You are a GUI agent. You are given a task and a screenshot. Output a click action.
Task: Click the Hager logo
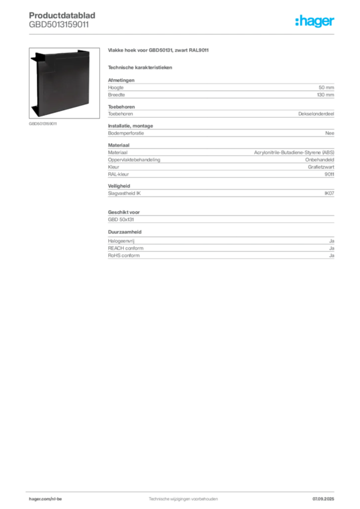tap(314, 21)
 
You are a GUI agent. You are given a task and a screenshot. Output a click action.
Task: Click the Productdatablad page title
tap(62, 15)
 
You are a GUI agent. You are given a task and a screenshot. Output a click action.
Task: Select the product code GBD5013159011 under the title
tap(59, 25)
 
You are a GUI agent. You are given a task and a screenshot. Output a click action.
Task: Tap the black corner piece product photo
tap(64, 83)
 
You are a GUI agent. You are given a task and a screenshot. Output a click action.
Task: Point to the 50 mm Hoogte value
tap(326, 87)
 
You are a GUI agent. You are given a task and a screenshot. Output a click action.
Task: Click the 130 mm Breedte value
tap(325, 95)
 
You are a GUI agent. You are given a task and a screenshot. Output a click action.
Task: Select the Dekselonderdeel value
tap(316, 114)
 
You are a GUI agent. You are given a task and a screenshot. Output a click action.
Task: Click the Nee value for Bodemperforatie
tap(330, 133)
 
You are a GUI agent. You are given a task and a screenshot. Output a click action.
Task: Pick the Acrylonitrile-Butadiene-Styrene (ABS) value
tap(294, 153)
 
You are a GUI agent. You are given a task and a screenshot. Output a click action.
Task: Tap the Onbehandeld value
tap(319, 160)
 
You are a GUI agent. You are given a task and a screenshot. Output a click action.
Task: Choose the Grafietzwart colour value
tap(321, 167)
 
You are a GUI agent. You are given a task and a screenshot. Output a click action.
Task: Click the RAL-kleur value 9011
tap(329, 174)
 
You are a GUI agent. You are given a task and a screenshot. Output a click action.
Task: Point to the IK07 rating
tap(329, 193)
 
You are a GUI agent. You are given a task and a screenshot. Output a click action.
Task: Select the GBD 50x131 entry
tap(121, 219)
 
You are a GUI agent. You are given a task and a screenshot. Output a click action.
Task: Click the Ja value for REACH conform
tap(332, 249)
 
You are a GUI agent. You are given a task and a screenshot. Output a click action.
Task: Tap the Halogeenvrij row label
tap(121, 241)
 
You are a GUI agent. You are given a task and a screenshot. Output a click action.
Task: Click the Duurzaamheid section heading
tap(125, 232)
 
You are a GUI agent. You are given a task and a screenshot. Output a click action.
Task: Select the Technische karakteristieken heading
tap(140, 68)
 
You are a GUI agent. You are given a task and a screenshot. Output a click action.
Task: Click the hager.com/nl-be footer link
tap(45, 499)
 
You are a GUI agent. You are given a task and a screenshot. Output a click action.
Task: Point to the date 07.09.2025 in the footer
tap(323, 499)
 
